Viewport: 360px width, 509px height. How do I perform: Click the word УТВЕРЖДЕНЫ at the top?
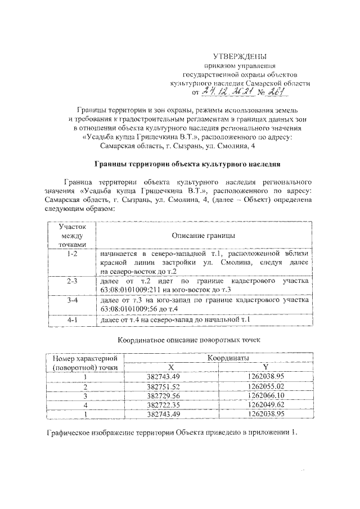(x=239, y=56)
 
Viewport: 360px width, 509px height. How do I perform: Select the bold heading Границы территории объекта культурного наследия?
(x=186, y=164)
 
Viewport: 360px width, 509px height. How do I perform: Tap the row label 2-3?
(x=71, y=280)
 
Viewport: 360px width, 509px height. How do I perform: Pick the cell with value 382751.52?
(x=163, y=387)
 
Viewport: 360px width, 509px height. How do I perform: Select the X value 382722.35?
(x=163, y=405)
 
